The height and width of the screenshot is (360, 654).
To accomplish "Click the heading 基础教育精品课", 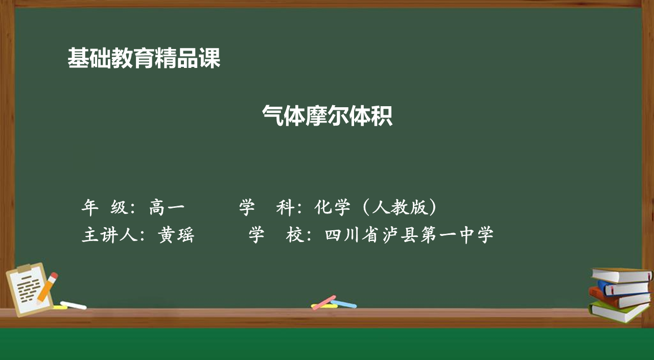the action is [x=144, y=58].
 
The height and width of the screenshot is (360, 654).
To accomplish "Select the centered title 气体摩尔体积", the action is [x=327, y=115].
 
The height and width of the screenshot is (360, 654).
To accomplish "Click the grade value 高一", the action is [x=167, y=207].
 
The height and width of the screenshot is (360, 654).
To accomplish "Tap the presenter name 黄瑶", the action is [x=176, y=235].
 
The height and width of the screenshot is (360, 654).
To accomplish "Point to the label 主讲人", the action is [x=109, y=235].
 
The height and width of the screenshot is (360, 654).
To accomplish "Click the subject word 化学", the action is [x=332, y=207].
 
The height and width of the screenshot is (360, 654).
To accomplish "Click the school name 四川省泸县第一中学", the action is [x=409, y=235].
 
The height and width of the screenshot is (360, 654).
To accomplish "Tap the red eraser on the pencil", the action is [x=54, y=276].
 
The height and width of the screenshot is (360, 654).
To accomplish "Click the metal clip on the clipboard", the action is [x=24, y=268].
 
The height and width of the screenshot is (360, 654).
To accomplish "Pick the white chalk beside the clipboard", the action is [x=73, y=305].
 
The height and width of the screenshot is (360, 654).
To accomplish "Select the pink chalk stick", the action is [x=324, y=302].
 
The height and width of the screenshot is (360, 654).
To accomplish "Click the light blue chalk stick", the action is [x=344, y=304].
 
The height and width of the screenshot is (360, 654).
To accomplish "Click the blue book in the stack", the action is [x=624, y=288].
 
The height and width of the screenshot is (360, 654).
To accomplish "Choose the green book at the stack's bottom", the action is [x=618, y=312].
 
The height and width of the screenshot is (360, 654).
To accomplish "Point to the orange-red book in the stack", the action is [x=619, y=298].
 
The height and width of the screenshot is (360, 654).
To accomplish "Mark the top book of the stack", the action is [x=622, y=275].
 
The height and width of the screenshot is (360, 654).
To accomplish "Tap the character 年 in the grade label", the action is [x=90, y=207].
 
